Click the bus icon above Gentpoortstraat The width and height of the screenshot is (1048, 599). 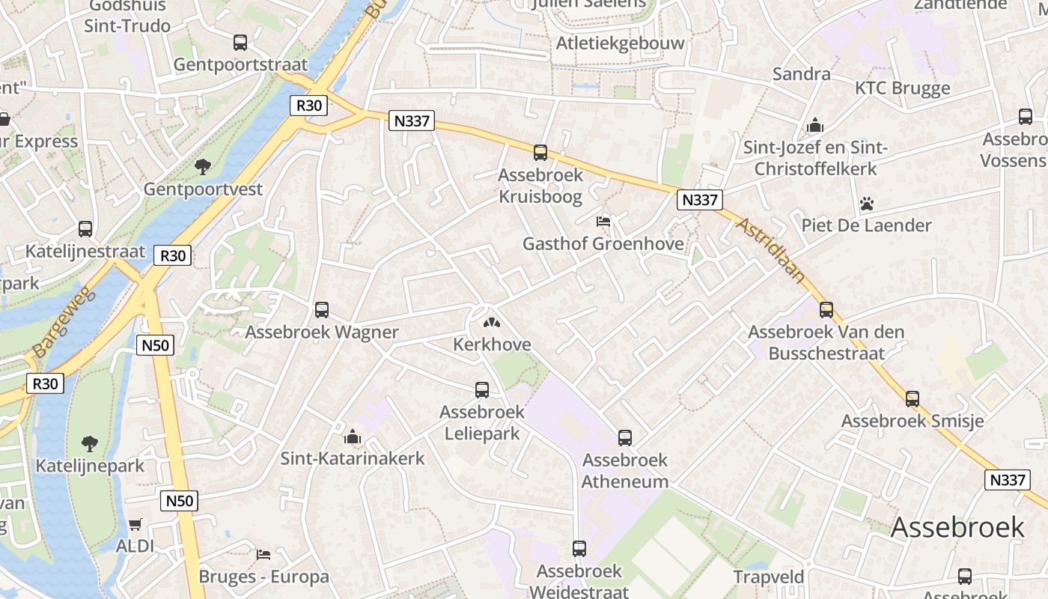click(240, 43)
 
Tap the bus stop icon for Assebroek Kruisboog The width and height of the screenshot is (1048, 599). click(540, 153)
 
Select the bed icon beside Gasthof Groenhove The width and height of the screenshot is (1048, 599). click(603, 221)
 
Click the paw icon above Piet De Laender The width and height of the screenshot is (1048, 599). click(867, 203)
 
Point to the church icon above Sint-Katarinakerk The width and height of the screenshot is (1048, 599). click(353, 437)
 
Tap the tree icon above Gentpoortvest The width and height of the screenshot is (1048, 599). click(203, 166)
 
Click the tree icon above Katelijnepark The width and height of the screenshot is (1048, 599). click(90, 443)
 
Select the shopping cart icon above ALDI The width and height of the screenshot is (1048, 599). click(135, 524)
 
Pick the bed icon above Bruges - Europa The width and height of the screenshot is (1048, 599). click(263, 555)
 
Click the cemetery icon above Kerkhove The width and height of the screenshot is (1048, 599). click(492, 323)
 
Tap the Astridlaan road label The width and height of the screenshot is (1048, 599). click(771, 250)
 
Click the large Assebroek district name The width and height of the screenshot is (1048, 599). click(957, 527)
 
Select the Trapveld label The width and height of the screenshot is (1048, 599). click(769, 577)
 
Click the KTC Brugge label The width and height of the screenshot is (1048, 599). click(902, 88)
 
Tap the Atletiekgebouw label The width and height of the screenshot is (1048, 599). click(620, 43)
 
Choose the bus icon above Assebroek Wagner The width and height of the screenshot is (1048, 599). click(322, 309)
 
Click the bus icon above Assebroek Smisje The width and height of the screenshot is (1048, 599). click(913, 399)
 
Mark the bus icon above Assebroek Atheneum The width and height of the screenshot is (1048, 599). click(625, 438)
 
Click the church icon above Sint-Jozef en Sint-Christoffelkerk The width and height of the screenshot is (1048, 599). click(815, 125)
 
